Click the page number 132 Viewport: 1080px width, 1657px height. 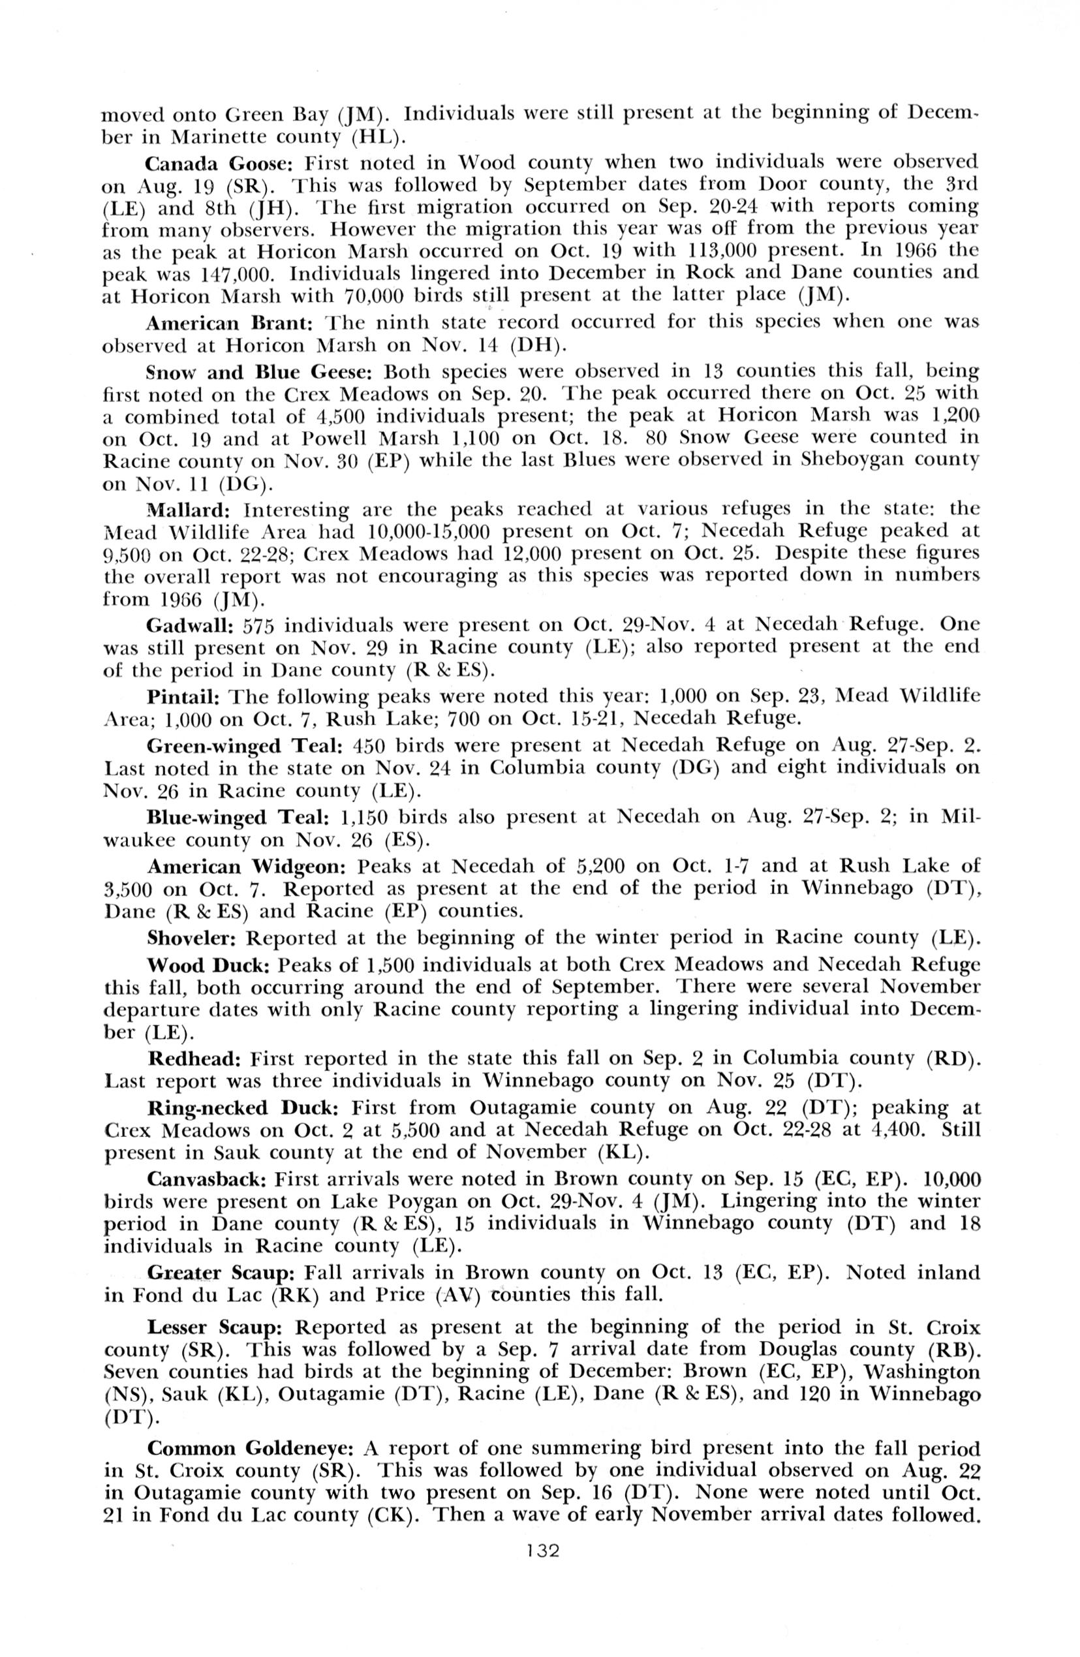pos(543,1570)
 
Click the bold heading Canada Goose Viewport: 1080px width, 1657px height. pos(221,163)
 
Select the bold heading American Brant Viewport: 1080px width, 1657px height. pos(232,324)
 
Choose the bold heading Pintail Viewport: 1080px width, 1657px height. pos(184,696)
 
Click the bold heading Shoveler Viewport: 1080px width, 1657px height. pos(193,938)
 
